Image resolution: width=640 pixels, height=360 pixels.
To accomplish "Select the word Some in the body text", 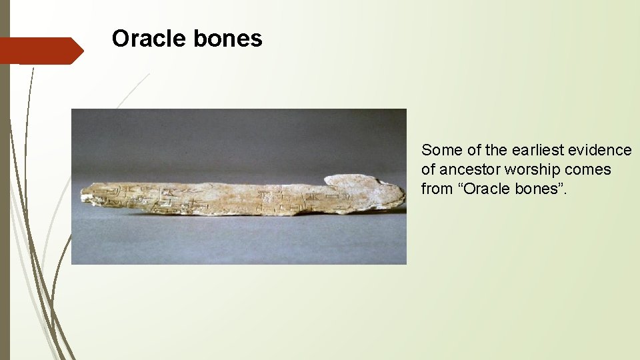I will [x=438, y=150].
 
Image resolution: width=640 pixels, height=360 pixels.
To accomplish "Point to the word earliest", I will [x=538, y=150].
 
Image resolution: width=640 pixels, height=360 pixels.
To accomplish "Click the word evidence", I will [x=599, y=150].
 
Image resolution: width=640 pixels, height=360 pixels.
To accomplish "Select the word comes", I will [x=589, y=169].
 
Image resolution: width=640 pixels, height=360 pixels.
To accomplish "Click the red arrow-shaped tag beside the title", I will [x=43, y=50].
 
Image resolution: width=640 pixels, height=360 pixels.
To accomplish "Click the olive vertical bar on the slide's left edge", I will [x=5, y=200].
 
